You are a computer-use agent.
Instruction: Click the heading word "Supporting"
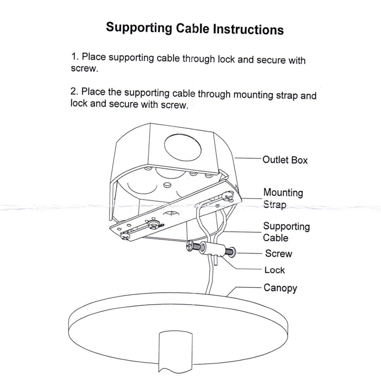point(139,28)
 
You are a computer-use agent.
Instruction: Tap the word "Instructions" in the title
point(248,29)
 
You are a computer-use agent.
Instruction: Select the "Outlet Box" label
point(285,160)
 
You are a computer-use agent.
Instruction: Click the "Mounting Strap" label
point(283,198)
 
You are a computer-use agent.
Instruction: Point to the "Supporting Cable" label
point(286,232)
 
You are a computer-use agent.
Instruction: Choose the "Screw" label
point(278,253)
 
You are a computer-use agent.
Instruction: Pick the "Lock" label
point(275,270)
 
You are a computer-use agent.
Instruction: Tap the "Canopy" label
point(280,288)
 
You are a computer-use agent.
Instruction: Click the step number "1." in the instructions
point(75,57)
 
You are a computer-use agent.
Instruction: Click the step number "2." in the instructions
point(74,91)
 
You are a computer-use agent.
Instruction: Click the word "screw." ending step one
point(84,69)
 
